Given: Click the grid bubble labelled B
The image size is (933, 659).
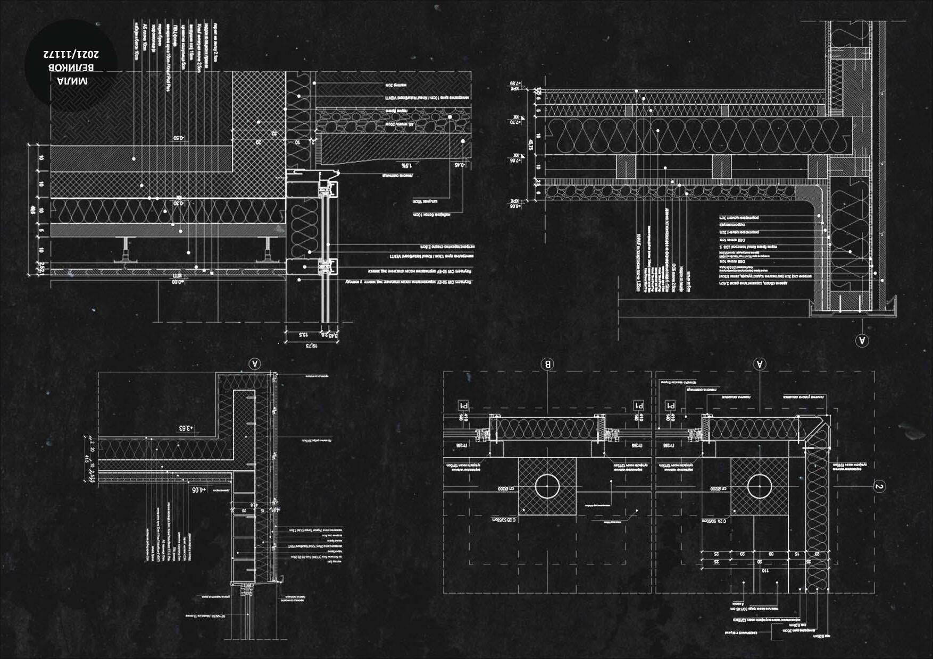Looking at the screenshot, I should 547,364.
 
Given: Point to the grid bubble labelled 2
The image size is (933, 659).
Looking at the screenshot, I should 879,486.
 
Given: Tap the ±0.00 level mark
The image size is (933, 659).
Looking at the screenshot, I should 174,283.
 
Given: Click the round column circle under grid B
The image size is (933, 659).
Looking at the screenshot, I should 547,486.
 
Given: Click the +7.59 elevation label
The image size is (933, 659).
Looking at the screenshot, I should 513,83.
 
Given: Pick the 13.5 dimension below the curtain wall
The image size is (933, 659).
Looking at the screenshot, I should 303,335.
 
